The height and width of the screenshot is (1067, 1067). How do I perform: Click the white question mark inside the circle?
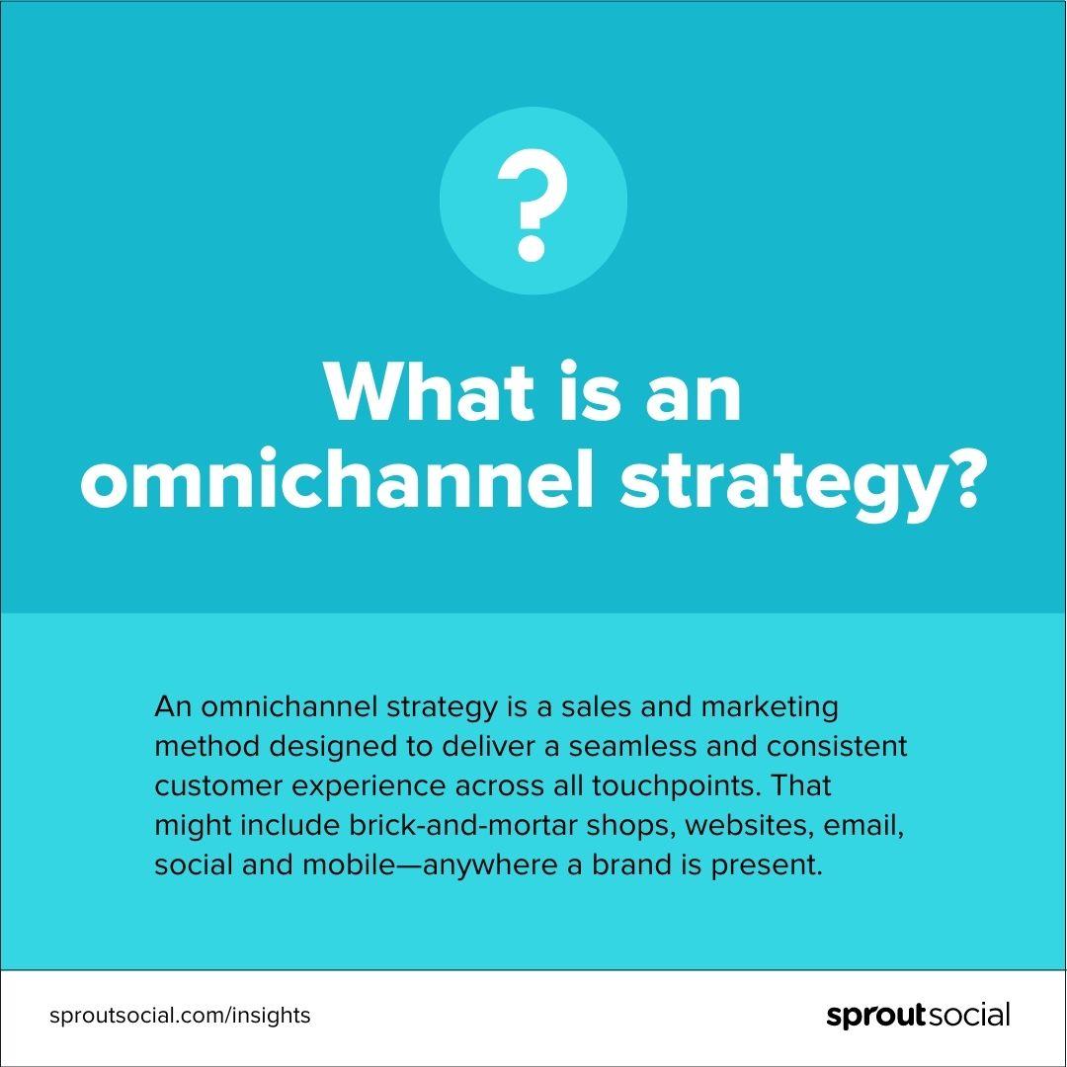click(x=533, y=205)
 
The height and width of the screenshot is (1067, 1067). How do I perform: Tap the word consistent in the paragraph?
click(x=837, y=747)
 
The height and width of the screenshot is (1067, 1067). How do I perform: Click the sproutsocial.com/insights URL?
click(x=180, y=1016)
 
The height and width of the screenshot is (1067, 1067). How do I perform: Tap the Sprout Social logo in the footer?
click(x=918, y=1015)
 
